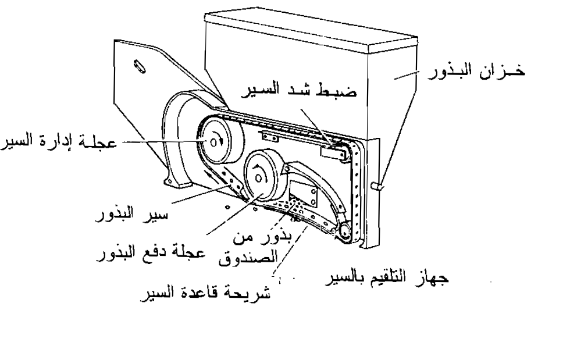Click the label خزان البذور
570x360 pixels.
491,73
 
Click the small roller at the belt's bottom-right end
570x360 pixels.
346,232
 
